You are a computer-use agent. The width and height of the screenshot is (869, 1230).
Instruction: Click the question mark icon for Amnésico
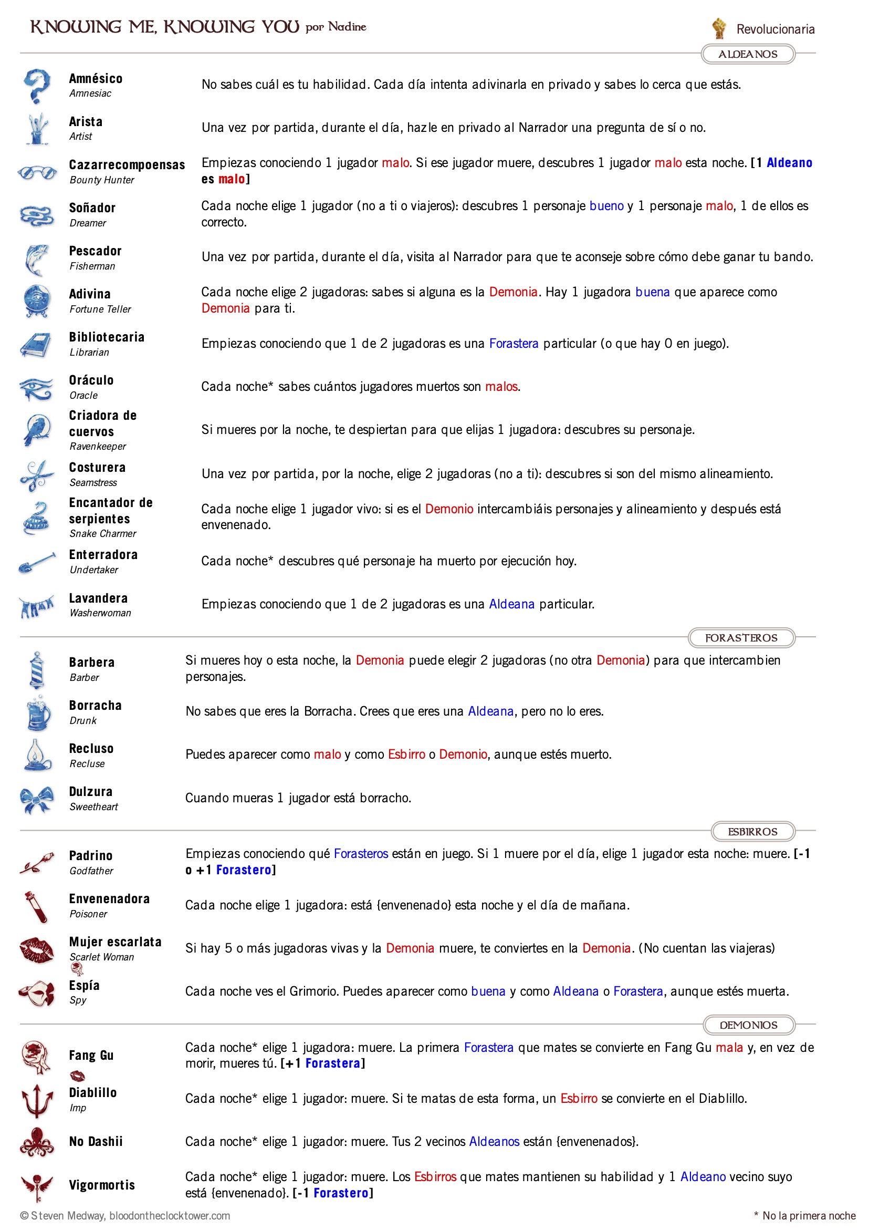(37, 86)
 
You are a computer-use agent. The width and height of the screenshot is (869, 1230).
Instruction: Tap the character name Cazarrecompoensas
(127, 165)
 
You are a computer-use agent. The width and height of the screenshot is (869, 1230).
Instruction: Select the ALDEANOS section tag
(748, 54)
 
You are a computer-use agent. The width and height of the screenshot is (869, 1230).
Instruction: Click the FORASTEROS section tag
(741, 637)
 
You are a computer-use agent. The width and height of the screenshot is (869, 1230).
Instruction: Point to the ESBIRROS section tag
(752, 831)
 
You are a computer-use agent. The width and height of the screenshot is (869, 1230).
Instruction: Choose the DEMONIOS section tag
(748, 1025)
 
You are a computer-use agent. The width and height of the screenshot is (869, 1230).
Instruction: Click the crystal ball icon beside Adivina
(37, 301)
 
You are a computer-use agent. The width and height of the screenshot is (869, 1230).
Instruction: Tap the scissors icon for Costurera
(36, 474)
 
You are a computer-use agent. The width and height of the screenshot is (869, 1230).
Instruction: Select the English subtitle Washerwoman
(100, 613)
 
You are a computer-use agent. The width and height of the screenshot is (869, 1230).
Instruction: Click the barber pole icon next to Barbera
(36, 669)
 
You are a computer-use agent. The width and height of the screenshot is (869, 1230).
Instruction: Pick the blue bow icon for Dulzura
(37, 799)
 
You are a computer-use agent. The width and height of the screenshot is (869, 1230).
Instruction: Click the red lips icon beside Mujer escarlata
(36, 950)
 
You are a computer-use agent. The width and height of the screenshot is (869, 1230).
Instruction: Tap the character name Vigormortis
(102, 1185)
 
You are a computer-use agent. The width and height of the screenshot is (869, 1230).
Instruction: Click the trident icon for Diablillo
(37, 1100)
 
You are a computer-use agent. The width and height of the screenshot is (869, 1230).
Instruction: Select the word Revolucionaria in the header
(775, 29)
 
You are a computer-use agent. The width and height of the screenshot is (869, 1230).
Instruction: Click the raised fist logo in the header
(718, 28)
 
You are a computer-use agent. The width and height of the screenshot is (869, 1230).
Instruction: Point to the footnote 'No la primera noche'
(808, 1215)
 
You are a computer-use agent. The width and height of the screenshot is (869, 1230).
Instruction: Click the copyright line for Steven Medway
(125, 1215)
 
